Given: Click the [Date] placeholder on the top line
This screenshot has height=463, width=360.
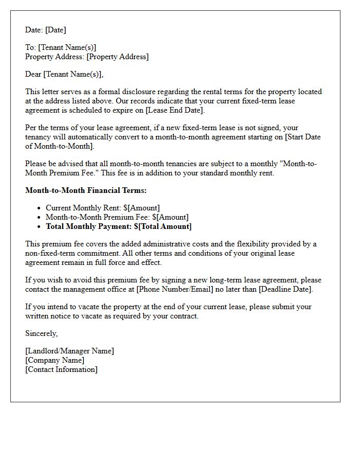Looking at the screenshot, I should click(x=55, y=30).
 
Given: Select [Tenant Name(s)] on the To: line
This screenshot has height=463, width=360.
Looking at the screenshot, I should click(x=67, y=47).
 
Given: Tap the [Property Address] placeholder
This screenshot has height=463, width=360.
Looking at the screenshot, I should click(x=117, y=57).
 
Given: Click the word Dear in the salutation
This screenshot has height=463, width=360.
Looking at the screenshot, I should click(x=33, y=74).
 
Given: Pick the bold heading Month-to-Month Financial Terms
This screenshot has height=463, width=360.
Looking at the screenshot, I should click(x=86, y=190).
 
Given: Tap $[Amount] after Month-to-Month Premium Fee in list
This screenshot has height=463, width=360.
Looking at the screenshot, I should click(x=170, y=217).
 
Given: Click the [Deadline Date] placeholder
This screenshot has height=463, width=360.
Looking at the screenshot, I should click(x=289, y=289).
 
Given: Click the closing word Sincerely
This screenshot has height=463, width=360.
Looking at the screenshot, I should click(x=41, y=333).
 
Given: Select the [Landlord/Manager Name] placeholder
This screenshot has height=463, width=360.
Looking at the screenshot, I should click(x=69, y=351).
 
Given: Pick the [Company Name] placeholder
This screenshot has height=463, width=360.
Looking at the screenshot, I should click(x=55, y=360).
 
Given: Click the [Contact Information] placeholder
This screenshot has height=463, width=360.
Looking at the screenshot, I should click(x=61, y=369).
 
